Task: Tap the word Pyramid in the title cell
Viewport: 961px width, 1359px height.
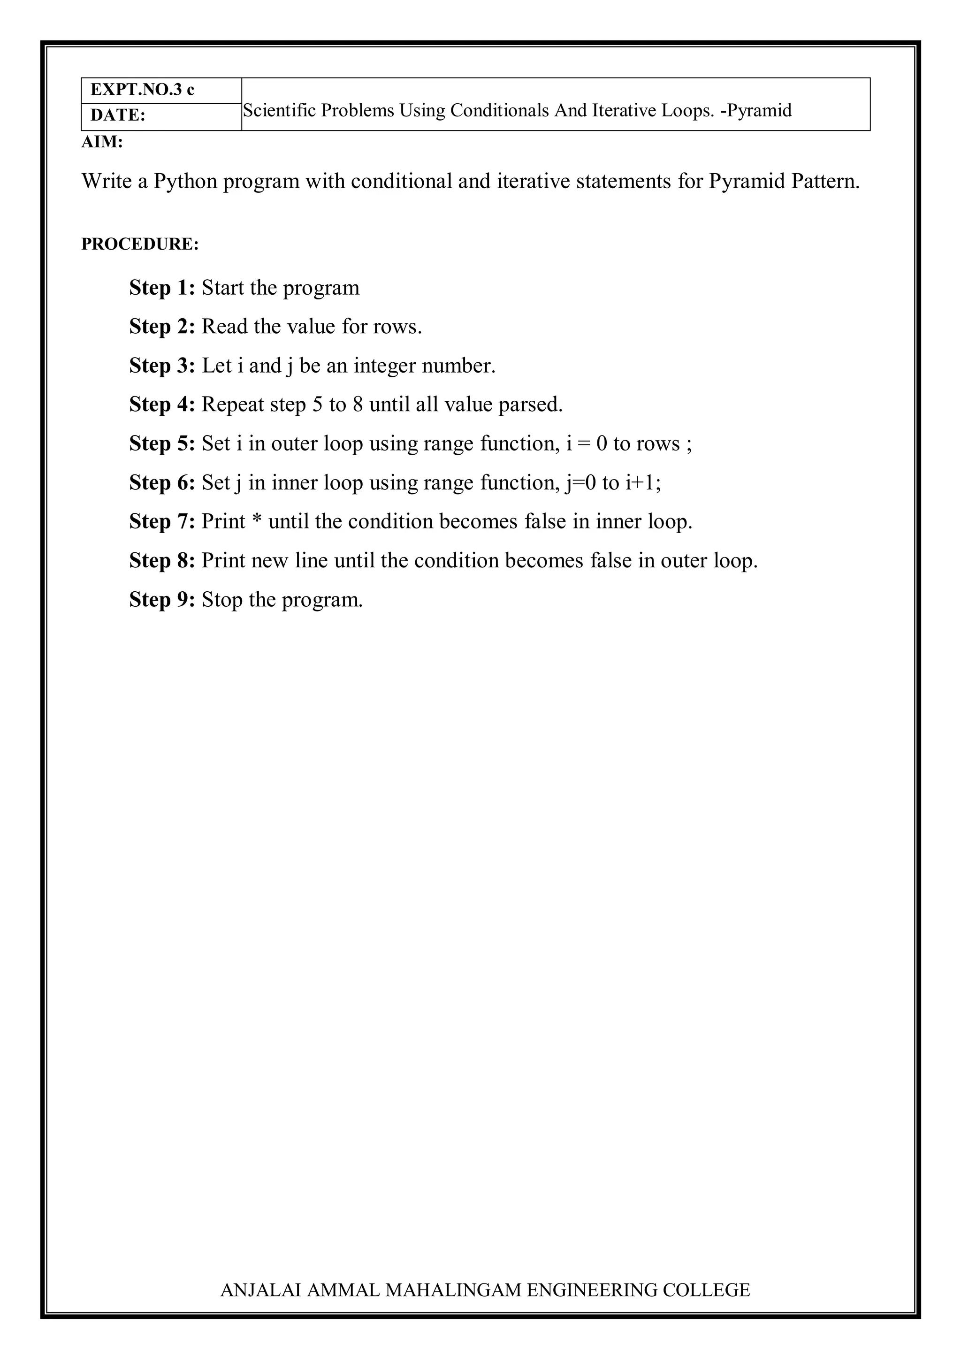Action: [x=760, y=111]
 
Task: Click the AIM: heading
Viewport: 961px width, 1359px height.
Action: [x=102, y=142]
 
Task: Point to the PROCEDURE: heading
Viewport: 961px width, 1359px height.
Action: [x=140, y=244]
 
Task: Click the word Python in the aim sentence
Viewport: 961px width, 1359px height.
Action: [x=185, y=181]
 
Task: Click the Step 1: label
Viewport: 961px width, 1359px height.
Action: [x=161, y=288]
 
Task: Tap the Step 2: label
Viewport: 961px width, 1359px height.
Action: [x=161, y=327]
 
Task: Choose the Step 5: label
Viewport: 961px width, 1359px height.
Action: [x=161, y=444]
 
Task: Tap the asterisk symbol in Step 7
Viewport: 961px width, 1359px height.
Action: [x=256, y=521]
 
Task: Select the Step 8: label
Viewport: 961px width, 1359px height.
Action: [x=161, y=560]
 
